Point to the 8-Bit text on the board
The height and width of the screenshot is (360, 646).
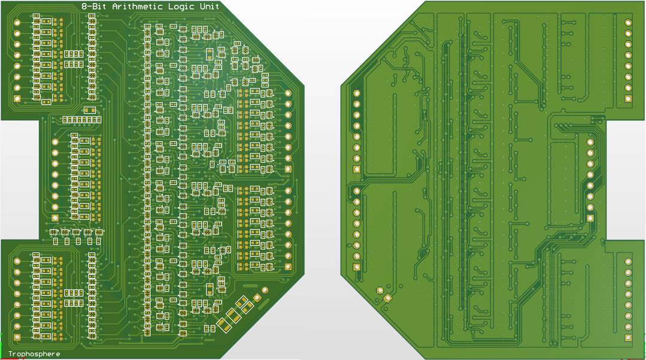[93, 6]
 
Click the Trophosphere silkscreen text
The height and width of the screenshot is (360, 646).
[34, 354]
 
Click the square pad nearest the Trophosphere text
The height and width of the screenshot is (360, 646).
[17, 338]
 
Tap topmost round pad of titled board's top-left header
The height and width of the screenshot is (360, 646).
[17, 22]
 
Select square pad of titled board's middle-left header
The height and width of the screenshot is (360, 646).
[55, 218]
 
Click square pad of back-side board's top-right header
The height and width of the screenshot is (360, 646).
[628, 98]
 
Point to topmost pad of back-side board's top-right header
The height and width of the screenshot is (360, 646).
[628, 22]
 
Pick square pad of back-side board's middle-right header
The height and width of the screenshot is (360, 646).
[590, 218]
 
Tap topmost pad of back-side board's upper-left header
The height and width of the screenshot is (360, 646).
[357, 93]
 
